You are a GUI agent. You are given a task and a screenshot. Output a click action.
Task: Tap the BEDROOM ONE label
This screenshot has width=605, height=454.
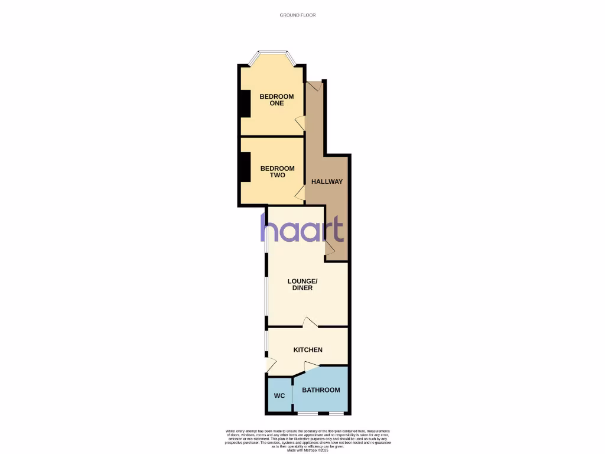(272, 100)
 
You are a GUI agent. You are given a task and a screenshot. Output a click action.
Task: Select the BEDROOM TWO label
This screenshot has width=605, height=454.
(273, 171)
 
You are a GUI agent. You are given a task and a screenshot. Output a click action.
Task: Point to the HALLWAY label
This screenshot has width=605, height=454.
(327, 181)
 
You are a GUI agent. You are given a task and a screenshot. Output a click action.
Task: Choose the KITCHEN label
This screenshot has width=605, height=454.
(308, 350)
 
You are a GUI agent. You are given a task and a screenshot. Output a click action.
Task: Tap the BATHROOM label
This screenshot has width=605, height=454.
(321, 390)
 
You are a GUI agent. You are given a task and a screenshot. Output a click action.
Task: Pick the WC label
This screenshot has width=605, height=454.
(279, 395)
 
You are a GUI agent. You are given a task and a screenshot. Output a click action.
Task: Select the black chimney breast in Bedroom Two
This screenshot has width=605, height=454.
(243, 168)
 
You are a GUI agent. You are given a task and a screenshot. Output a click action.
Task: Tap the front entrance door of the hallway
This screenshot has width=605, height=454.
(315, 86)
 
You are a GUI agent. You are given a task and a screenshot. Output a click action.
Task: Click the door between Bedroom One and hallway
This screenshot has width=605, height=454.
(301, 123)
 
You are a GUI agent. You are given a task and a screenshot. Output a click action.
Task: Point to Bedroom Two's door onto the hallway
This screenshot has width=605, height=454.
(301, 192)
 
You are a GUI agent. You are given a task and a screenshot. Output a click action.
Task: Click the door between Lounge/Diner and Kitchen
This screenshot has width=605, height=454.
(310, 323)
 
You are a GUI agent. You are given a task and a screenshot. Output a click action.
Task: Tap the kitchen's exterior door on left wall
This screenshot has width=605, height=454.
(271, 365)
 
